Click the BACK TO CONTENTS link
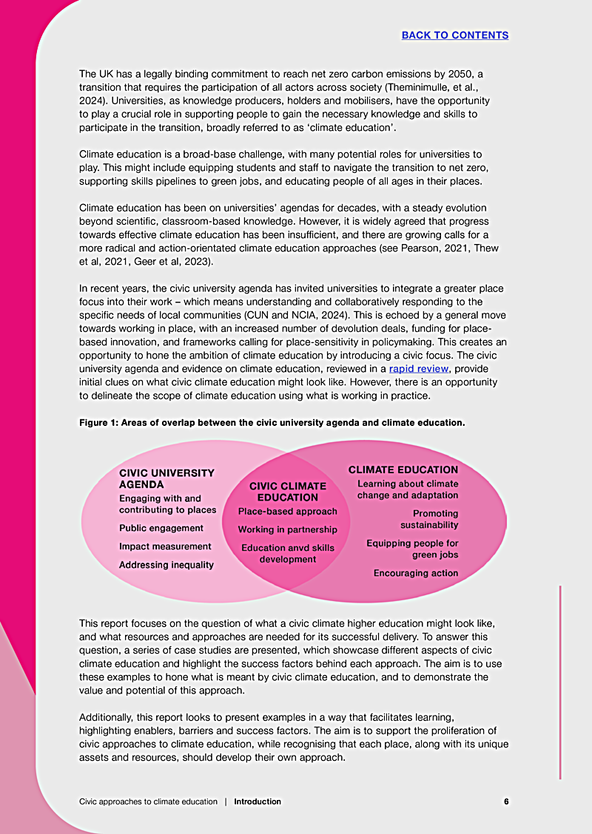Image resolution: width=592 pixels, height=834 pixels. click(455, 35)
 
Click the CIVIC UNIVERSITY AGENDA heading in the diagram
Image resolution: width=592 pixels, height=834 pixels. click(166, 478)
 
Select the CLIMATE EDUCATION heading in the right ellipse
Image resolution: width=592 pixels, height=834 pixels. click(403, 469)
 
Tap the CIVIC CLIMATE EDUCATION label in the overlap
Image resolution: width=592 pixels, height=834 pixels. click(287, 492)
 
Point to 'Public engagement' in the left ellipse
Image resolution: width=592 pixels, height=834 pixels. click(161, 528)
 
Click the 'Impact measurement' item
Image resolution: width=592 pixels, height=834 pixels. click(165, 546)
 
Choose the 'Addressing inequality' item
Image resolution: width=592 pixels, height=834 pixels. click(166, 565)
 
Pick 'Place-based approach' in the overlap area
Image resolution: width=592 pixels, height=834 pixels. click(287, 511)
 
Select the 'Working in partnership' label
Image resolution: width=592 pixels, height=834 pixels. click(287, 529)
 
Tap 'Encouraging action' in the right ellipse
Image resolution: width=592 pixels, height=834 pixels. click(416, 573)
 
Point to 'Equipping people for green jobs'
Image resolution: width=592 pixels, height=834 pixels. click(412, 549)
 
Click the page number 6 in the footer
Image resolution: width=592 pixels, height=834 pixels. click(506, 801)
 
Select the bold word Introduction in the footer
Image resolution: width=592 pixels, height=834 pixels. click(258, 801)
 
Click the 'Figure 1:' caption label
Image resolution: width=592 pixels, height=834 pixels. click(100, 423)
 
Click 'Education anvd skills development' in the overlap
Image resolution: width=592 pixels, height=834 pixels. click(287, 553)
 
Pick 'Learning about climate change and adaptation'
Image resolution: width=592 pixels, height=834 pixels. click(408, 489)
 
